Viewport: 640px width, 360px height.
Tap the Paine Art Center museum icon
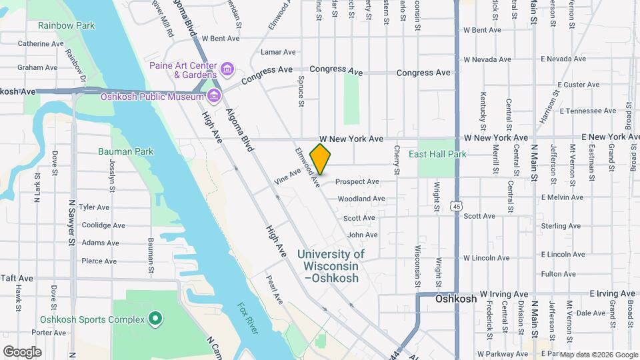click(x=227, y=69)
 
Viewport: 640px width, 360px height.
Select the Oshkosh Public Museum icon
click(x=213, y=97)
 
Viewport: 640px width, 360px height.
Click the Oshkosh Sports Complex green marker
click(x=155, y=319)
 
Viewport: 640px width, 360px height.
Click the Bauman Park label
click(x=125, y=151)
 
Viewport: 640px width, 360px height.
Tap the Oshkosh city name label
click(x=456, y=299)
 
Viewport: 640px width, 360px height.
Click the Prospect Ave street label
click(x=357, y=181)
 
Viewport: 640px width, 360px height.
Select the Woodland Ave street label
click(x=361, y=199)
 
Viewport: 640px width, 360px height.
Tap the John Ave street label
click(x=362, y=235)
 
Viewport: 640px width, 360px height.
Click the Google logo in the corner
click(x=22, y=351)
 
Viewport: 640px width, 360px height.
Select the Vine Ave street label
click(x=287, y=179)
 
